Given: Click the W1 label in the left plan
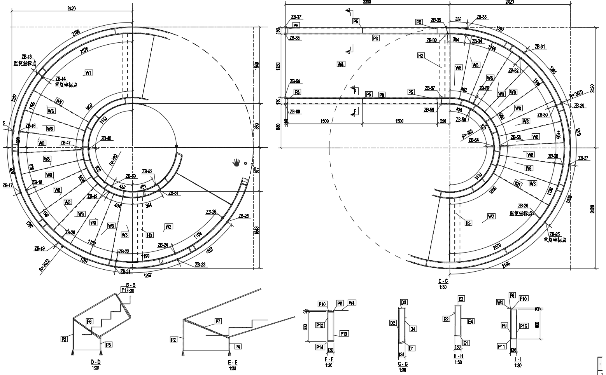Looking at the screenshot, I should tap(89, 73).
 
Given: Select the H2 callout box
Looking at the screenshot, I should tap(421, 56).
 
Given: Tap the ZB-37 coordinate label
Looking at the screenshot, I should tap(296, 17).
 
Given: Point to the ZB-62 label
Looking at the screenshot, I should tap(147, 171).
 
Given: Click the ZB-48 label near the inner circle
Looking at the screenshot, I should tap(106, 138).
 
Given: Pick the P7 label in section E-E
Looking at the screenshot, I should tap(218, 321).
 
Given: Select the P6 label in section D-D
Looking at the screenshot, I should tap(89, 321).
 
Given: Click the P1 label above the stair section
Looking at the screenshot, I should tap(124, 290).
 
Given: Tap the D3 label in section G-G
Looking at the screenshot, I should tap(404, 302).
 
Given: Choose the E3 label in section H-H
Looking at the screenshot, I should tap(461, 299).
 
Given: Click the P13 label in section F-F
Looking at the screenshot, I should tap(344, 333).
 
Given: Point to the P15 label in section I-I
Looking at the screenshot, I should tap(524, 326).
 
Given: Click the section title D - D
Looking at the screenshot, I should tap(96, 362).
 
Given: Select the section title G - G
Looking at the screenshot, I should tap(403, 365).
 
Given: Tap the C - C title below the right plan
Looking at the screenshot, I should tap(443, 281).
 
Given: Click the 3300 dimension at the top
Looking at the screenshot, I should tap(367, 2).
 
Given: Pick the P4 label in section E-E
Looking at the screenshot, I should tap(238, 347).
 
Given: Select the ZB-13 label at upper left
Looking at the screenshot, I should tap(27, 57).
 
